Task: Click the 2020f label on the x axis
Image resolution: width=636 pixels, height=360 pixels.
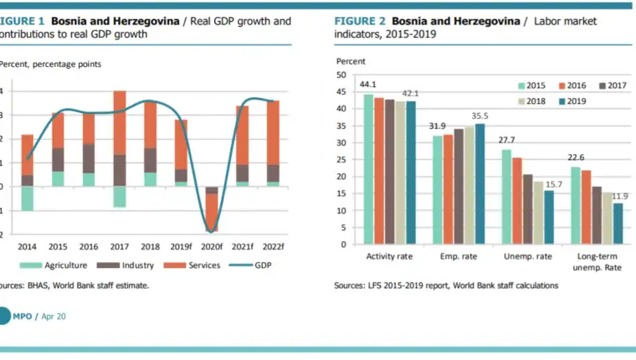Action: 212,246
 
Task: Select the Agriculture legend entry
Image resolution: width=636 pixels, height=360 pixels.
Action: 54,265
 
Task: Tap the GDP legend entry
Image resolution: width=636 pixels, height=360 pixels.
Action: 250,265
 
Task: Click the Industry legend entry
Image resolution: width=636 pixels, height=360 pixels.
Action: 126,265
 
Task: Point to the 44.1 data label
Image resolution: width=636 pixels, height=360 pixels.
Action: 368,85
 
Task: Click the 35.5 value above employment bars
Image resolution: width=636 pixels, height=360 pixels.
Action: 480,116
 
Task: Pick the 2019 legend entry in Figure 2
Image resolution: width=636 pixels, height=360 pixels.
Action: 572,101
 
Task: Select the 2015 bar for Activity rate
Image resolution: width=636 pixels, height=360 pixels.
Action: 368,169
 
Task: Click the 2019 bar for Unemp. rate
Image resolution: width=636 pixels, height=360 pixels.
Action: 549,217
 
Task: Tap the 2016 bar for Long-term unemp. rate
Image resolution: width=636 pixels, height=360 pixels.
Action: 586,207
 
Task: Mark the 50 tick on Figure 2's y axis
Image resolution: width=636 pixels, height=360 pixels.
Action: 341,75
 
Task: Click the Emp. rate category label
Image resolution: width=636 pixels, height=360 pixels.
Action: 459,256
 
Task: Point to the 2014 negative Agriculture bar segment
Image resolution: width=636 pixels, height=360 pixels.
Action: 27,198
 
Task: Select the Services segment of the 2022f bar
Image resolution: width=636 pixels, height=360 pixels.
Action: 273,133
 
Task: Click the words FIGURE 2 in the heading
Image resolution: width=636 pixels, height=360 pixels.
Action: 360,21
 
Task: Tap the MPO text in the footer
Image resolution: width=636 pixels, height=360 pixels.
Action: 23,316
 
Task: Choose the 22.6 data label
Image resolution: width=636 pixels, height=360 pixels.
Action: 576,157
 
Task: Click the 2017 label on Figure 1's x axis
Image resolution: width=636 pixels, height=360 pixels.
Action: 119,246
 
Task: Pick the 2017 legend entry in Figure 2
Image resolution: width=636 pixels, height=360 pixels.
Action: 613,85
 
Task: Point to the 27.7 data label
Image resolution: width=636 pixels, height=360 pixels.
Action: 506,140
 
